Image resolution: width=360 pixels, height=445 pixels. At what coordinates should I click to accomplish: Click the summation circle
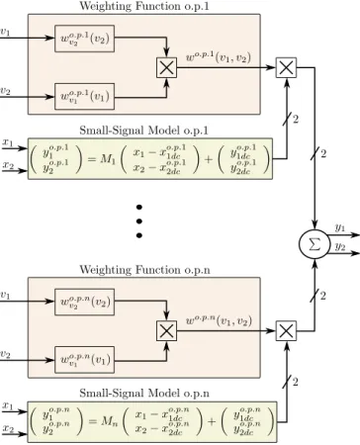click(315, 244)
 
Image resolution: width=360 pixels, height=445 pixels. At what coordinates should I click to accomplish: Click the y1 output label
click(340, 227)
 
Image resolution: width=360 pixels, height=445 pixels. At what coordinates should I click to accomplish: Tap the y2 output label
click(340, 246)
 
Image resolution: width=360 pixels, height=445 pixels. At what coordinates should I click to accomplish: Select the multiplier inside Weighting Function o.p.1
click(166, 68)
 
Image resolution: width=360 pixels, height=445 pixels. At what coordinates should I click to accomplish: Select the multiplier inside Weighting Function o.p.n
click(166, 331)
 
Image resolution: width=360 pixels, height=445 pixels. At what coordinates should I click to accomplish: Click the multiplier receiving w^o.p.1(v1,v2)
click(286, 68)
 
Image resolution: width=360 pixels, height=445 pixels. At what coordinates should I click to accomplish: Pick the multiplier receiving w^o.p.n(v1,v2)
click(286, 331)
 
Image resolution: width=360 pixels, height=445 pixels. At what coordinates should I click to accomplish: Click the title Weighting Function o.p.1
click(144, 6)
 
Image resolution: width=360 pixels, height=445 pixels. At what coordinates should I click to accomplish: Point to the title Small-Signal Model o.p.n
click(144, 394)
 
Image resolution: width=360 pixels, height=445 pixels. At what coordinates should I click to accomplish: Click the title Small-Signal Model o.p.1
click(143, 131)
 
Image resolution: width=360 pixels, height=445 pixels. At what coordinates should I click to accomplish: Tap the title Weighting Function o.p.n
click(144, 270)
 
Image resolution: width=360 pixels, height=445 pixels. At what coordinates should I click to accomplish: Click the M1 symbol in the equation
click(108, 159)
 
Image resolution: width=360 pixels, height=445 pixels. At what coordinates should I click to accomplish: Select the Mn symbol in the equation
click(109, 421)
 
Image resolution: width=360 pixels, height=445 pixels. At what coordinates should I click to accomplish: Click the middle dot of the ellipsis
click(139, 222)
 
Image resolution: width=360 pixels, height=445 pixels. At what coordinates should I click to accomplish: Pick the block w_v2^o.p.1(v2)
click(84, 39)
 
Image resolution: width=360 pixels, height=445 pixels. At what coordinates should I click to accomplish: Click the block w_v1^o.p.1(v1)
click(84, 96)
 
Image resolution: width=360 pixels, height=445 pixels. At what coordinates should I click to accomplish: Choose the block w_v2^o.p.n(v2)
click(84, 302)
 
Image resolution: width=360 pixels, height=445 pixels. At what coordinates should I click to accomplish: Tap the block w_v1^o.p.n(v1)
click(84, 360)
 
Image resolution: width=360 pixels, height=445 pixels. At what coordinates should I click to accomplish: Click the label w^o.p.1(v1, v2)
click(219, 57)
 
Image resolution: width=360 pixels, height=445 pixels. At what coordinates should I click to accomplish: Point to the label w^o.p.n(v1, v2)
click(219, 320)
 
